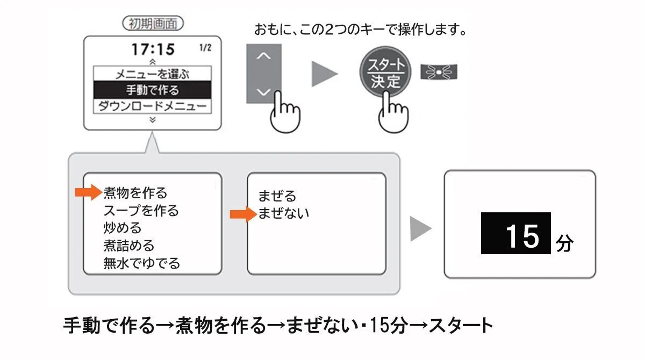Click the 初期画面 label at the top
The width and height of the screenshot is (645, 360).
153,23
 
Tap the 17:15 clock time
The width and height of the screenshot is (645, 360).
153,49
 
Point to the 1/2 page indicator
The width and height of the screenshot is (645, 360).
205,48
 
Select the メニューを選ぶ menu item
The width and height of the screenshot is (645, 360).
152,74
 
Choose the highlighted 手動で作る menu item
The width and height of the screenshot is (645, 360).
152,90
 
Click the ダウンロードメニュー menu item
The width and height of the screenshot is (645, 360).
152,106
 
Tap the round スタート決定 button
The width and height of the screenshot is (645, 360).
385,72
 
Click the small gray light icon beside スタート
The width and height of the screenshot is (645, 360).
439,72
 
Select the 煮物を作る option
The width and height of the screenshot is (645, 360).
135,193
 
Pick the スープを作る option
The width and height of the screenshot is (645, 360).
141,211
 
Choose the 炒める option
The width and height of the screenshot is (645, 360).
123,228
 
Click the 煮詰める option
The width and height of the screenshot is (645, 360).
129,246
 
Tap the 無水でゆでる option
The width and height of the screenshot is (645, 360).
142,263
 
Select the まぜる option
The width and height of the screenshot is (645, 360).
277,196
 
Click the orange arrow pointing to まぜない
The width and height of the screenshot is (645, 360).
243,214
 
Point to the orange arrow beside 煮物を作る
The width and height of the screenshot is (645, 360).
89,192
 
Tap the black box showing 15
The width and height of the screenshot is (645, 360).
515,233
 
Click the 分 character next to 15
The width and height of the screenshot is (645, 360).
564,243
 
